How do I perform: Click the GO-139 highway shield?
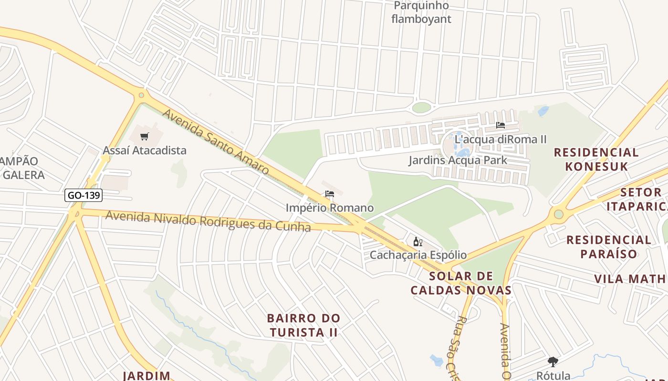pos(83,195)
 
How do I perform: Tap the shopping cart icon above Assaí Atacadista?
pos(145,137)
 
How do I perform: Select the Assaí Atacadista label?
pos(145,150)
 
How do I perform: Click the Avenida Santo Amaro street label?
pos(216,141)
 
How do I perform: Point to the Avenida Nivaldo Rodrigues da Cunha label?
pos(208,221)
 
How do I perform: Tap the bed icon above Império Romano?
pos(329,194)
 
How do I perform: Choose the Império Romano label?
pos(330,208)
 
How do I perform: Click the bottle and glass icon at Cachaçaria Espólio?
pos(418,242)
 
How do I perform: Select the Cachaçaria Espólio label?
pos(418,255)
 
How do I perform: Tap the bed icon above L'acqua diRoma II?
pos(500,125)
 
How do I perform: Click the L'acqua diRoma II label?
pos(501,140)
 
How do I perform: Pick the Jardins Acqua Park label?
pos(458,160)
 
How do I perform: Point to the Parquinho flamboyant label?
pos(421,12)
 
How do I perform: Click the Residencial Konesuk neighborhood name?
pos(596,159)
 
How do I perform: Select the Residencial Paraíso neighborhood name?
pos(608,246)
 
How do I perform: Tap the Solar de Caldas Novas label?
pos(461,283)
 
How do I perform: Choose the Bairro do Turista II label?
pos(303,325)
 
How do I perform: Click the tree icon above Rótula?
pos(553,362)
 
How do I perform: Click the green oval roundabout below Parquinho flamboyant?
pos(421,108)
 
